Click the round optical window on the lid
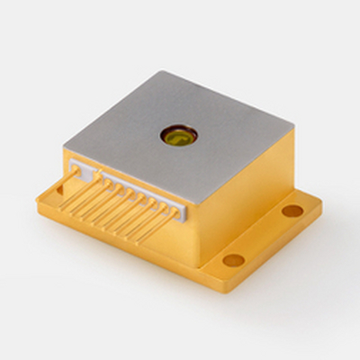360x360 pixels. [176, 136]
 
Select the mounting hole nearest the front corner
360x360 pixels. [234, 260]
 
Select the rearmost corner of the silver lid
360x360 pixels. [165, 71]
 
